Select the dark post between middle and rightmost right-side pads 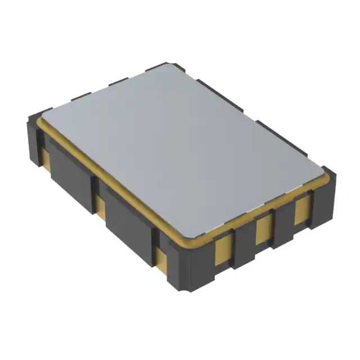point(283,223)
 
